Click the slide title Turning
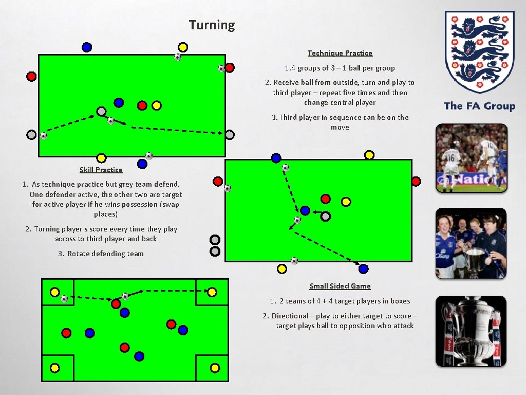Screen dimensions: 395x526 point(212,25)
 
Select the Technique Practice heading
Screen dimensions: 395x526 point(340,53)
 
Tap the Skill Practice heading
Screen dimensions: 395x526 point(101,170)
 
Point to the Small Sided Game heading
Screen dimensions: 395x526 point(340,286)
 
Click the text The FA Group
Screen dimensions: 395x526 point(479,106)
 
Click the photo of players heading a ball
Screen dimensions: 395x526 point(471,158)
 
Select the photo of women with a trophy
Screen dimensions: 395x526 point(471,243)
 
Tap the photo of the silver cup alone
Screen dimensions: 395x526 point(471,331)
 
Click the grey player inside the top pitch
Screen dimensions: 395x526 point(102,111)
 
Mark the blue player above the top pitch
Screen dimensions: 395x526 point(87,47)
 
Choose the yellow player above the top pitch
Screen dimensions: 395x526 point(182,47)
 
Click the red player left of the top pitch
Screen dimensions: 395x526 point(31,76)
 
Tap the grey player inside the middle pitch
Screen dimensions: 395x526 point(325,217)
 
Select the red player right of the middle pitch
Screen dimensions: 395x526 point(416,181)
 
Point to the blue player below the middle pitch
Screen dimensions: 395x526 point(364,268)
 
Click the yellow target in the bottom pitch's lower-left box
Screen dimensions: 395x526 point(55,368)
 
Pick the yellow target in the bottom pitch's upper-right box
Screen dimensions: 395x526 point(212,292)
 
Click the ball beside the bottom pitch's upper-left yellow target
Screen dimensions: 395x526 point(64,298)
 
